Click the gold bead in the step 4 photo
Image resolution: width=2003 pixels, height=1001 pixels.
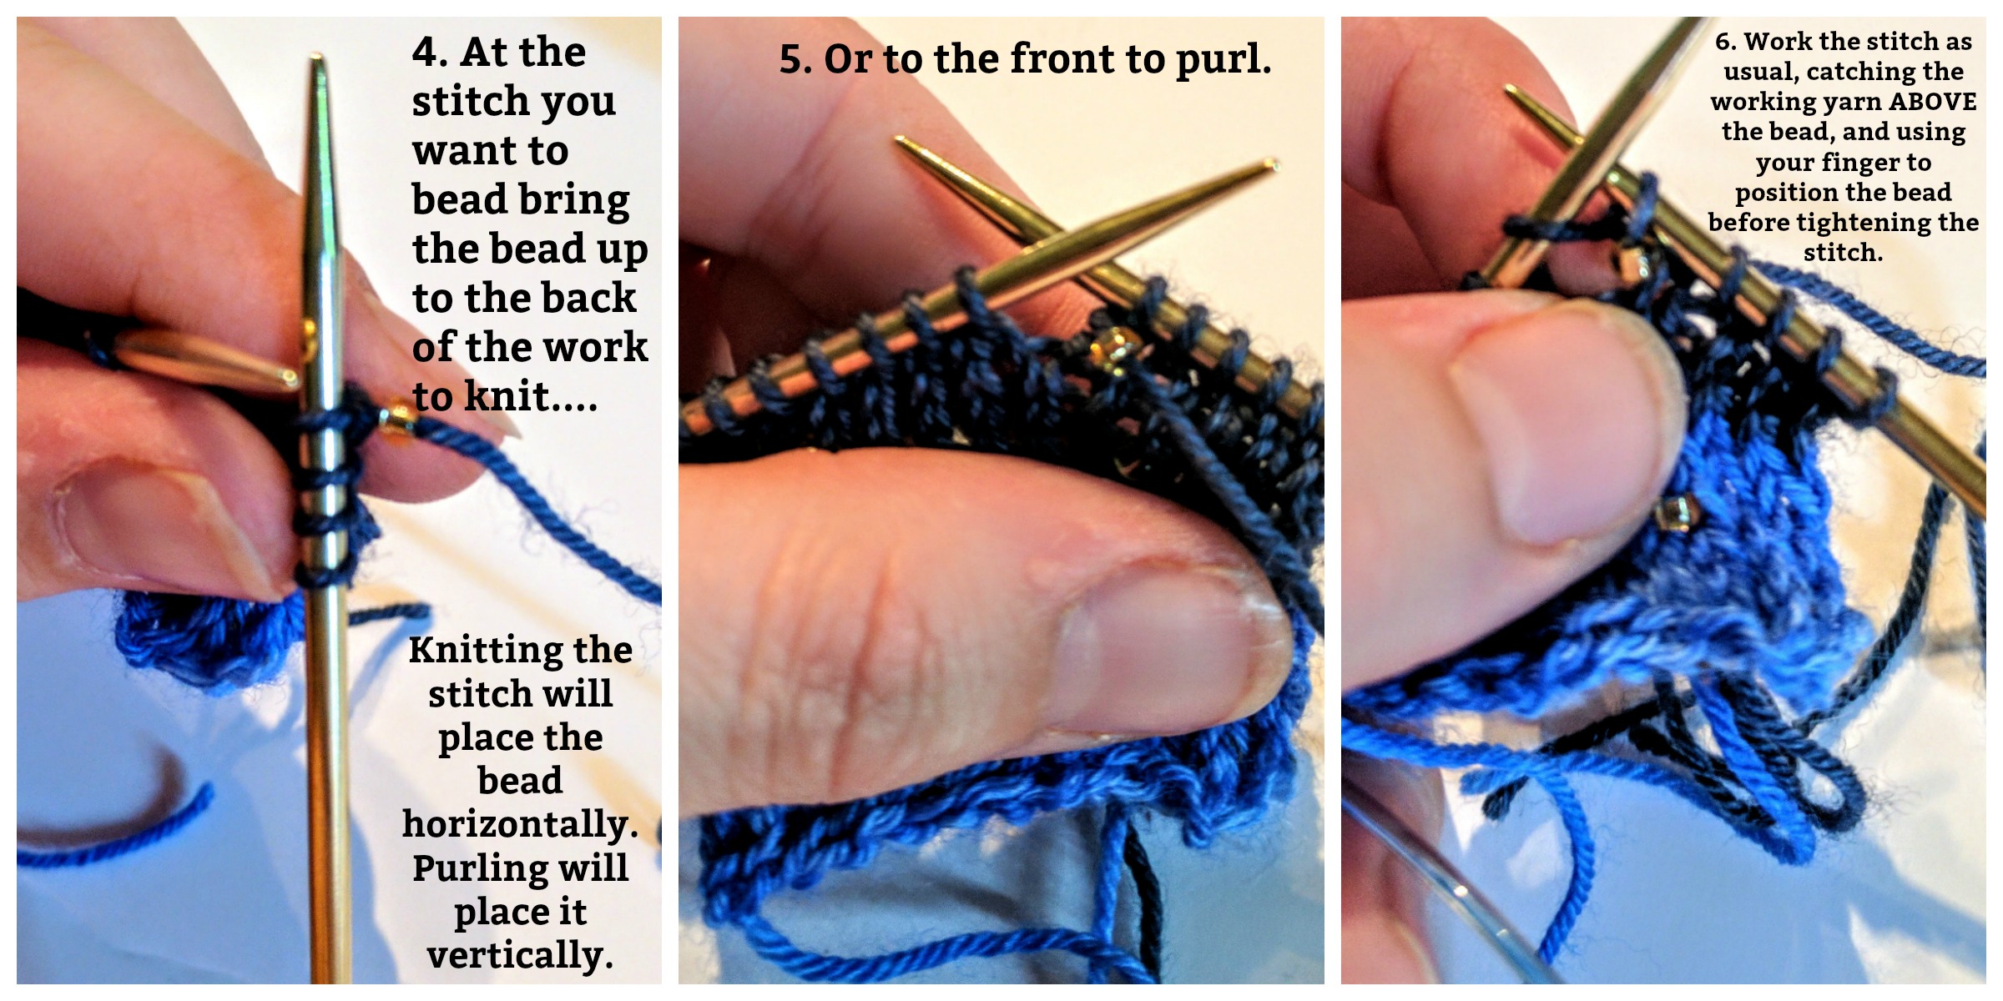[397, 420]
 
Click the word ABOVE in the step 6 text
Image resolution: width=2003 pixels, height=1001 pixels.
[1932, 102]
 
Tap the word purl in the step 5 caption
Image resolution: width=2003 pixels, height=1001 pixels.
[1223, 60]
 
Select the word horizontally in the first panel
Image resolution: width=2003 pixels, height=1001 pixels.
[520, 824]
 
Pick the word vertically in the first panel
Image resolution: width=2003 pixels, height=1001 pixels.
[520, 955]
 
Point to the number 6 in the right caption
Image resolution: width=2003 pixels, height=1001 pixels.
[1725, 41]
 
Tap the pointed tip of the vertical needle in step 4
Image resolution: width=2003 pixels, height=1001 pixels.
[317, 57]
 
